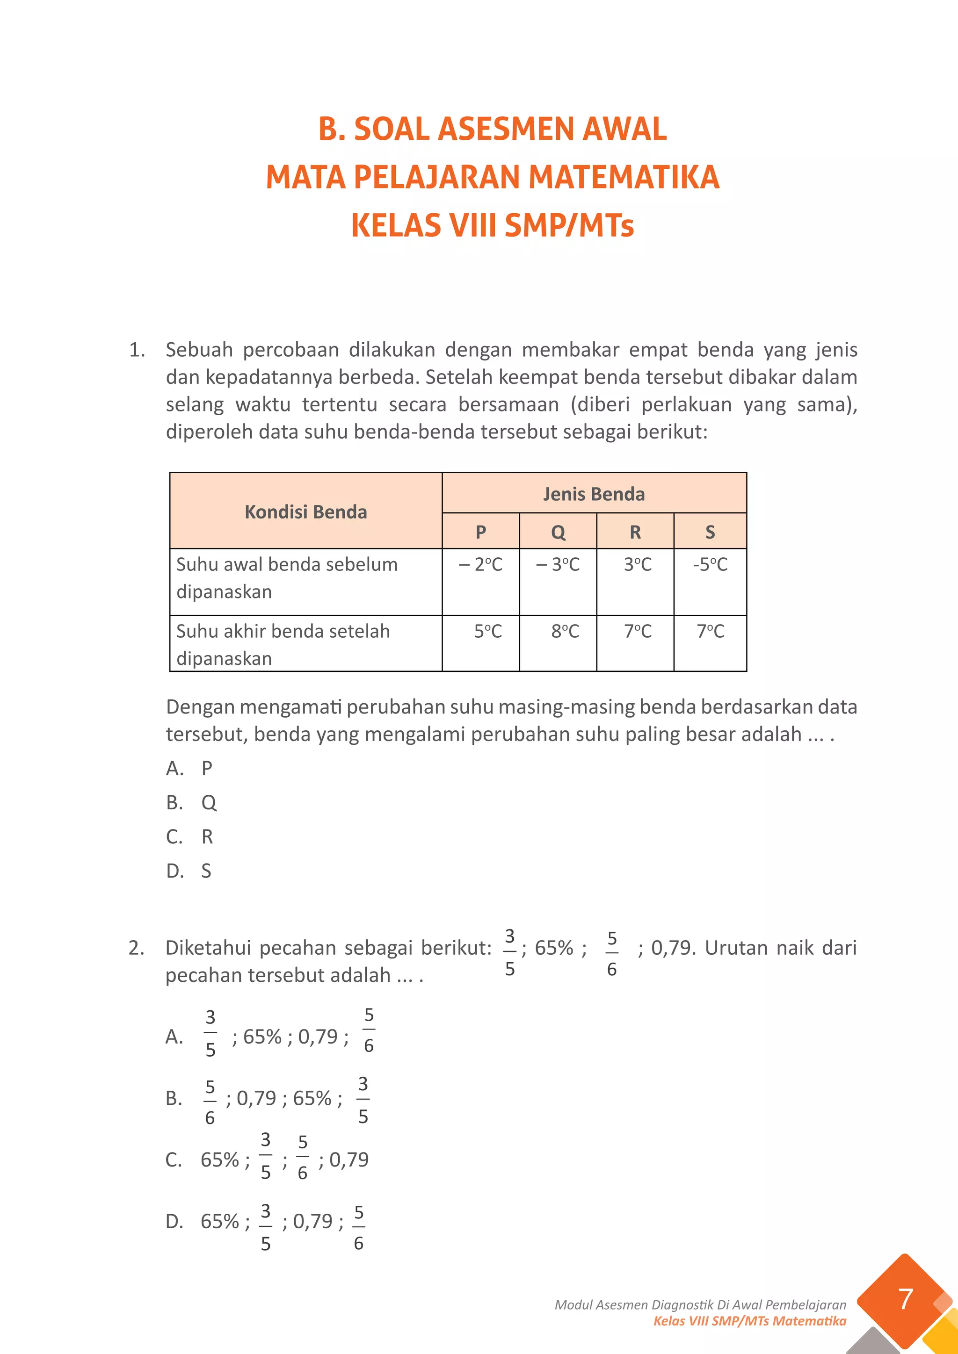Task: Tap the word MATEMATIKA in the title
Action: point(624,177)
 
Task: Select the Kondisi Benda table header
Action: point(305,511)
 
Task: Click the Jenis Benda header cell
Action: point(594,494)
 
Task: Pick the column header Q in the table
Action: point(558,532)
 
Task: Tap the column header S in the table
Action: point(710,532)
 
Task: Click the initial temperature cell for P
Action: point(481,564)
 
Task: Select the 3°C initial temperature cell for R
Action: point(637,564)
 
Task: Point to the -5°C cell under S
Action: point(710,564)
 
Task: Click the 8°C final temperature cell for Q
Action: point(565,631)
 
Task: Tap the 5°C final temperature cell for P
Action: point(488,631)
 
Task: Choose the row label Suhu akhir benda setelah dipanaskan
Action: point(283,644)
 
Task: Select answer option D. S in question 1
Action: point(189,871)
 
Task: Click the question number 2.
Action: point(136,948)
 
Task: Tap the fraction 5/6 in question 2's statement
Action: point(612,953)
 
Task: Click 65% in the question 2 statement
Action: point(553,948)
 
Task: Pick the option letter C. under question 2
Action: point(174,1160)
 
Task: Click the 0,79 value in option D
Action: point(312,1221)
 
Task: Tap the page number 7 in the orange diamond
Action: point(905,1299)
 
